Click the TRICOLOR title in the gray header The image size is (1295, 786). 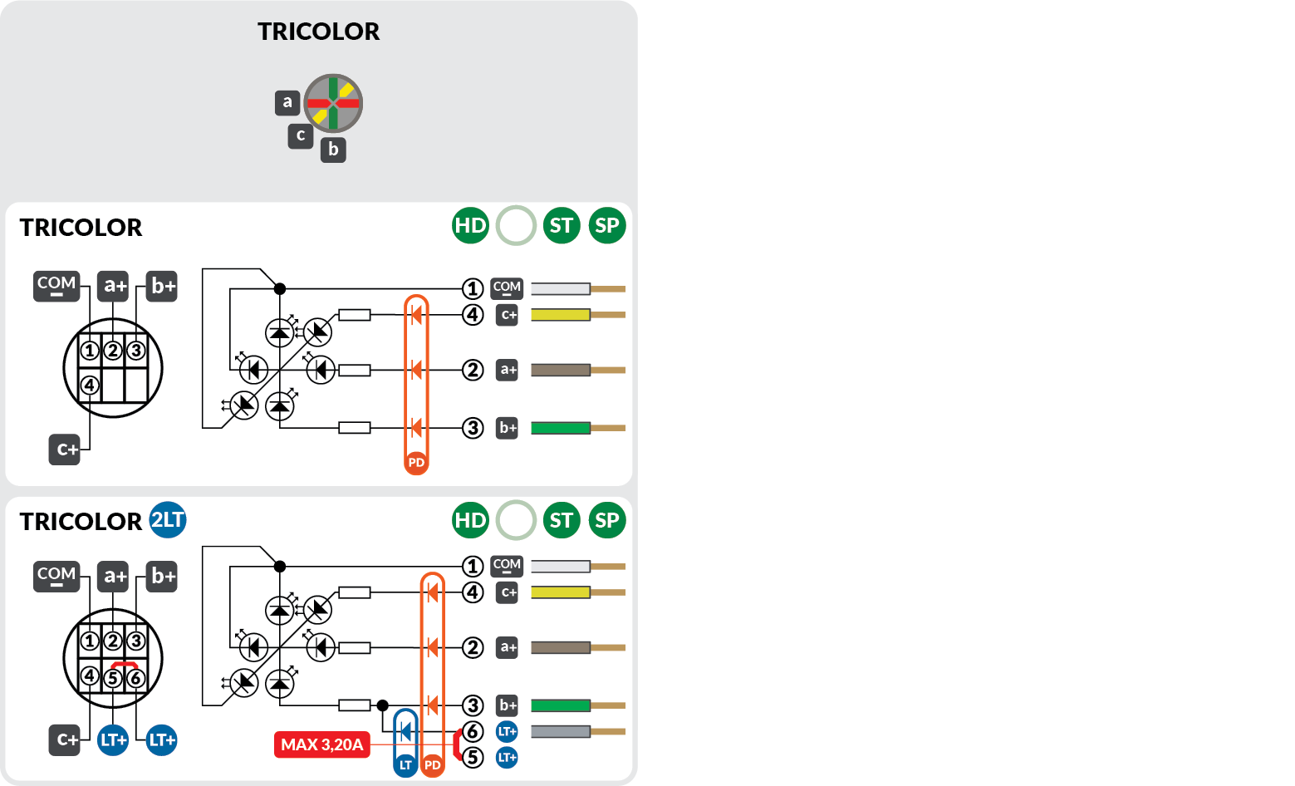coord(318,32)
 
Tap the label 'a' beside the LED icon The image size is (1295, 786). coord(287,102)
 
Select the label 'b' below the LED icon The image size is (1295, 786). coord(333,150)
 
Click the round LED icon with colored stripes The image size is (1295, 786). coord(333,103)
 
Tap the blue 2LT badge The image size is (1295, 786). coord(168,520)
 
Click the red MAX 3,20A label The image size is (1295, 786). coord(321,744)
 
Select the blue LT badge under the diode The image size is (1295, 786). coord(405,765)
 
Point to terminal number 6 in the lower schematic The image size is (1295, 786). coord(473,731)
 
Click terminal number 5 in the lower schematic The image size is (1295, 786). coord(473,757)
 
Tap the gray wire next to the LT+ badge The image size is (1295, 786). coord(561,731)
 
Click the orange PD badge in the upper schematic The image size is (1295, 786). coord(416,463)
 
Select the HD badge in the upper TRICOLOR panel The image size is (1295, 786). coord(470,226)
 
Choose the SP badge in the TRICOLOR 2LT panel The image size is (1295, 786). coord(607,521)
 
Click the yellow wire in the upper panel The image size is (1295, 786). coord(561,315)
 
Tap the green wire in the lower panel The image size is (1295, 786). coord(561,705)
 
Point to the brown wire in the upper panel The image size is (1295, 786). coord(561,370)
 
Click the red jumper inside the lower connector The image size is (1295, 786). coord(125,664)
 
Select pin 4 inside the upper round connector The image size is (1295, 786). coord(90,385)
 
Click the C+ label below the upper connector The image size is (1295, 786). coord(65,449)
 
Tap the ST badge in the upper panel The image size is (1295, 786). coord(562,226)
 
